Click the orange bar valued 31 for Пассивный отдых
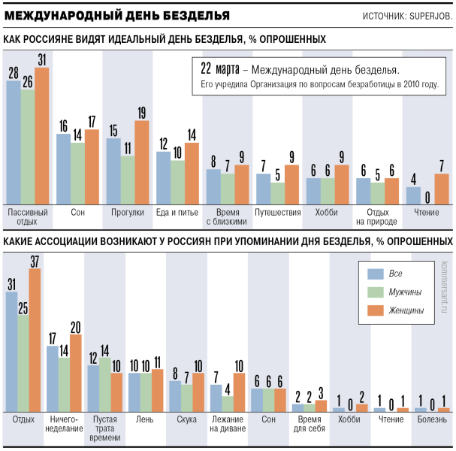coord(42,136)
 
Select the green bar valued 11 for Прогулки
coord(128,180)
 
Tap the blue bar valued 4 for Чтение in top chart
coord(413,195)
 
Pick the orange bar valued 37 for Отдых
coord(35,341)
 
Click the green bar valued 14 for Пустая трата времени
coord(105,385)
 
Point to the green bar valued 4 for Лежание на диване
coord(228,404)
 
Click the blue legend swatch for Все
coord(376,274)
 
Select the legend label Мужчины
coord(405,292)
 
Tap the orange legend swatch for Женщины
coord(376,310)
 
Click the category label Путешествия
coord(278,213)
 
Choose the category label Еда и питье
coord(177,213)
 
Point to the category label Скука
coord(187,419)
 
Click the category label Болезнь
coord(432,419)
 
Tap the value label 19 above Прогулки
coord(142,113)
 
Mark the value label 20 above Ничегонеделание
coord(76,328)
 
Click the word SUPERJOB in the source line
coord(430,17)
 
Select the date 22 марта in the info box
coord(220,68)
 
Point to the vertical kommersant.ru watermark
coord(445,287)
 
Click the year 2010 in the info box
coord(411,84)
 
